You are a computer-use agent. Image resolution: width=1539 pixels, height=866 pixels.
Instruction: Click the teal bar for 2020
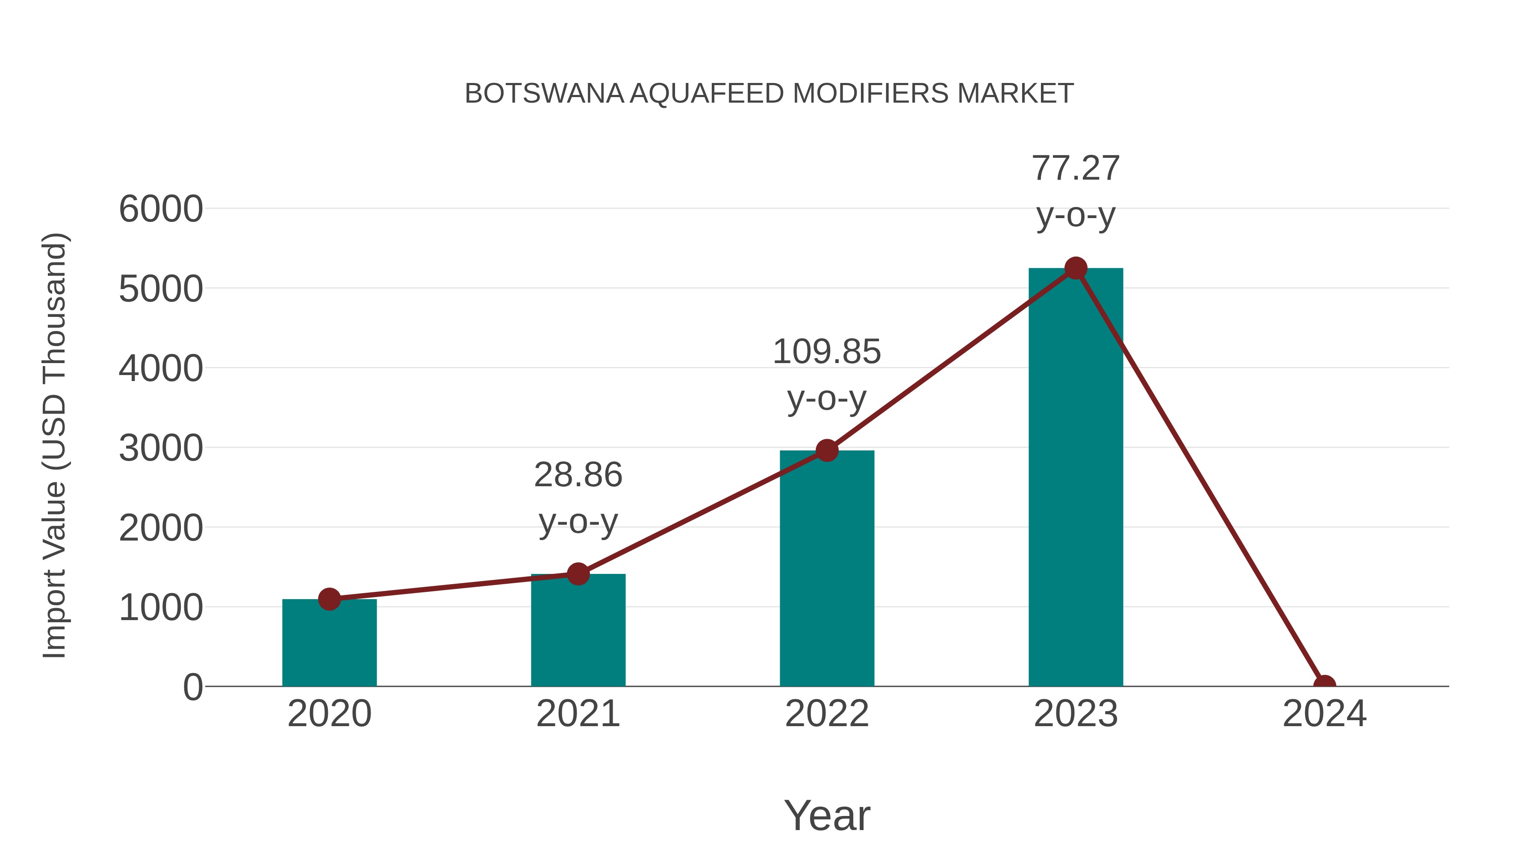click(x=329, y=645)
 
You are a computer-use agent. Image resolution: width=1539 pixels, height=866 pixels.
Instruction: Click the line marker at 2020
click(x=329, y=599)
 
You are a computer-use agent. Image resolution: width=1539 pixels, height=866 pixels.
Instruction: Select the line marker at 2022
click(x=827, y=451)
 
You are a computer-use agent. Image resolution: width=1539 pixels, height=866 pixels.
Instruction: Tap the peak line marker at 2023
click(x=1076, y=268)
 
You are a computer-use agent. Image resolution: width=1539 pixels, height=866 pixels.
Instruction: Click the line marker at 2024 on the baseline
click(x=1324, y=685)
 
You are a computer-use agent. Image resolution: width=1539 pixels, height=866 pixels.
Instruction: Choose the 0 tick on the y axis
click(x=192, y=687)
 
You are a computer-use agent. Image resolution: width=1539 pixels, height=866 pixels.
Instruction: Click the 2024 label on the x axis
click(x=1324, y=714)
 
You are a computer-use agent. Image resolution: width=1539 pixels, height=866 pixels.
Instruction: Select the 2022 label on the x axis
click(x=827, y=714)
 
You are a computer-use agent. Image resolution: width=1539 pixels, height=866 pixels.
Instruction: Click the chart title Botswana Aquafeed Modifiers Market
click(x=769, y=94)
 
